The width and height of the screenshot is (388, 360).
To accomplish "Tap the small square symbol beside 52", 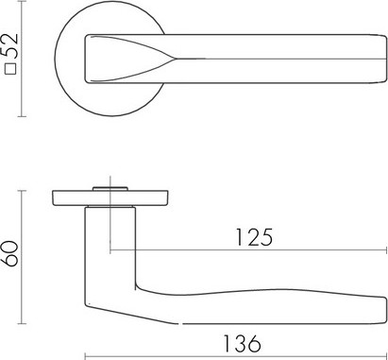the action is [11, 68].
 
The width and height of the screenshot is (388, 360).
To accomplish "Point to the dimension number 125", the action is [254, 237].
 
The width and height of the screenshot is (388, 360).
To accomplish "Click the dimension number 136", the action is [242, 343].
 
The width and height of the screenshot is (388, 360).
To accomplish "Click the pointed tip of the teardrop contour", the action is [175, 59].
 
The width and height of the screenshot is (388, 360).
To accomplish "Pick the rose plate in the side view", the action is [110, 198].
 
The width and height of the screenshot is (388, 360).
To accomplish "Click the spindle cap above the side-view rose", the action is [110, 189].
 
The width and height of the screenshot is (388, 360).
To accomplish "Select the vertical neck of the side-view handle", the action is [110, 249].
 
